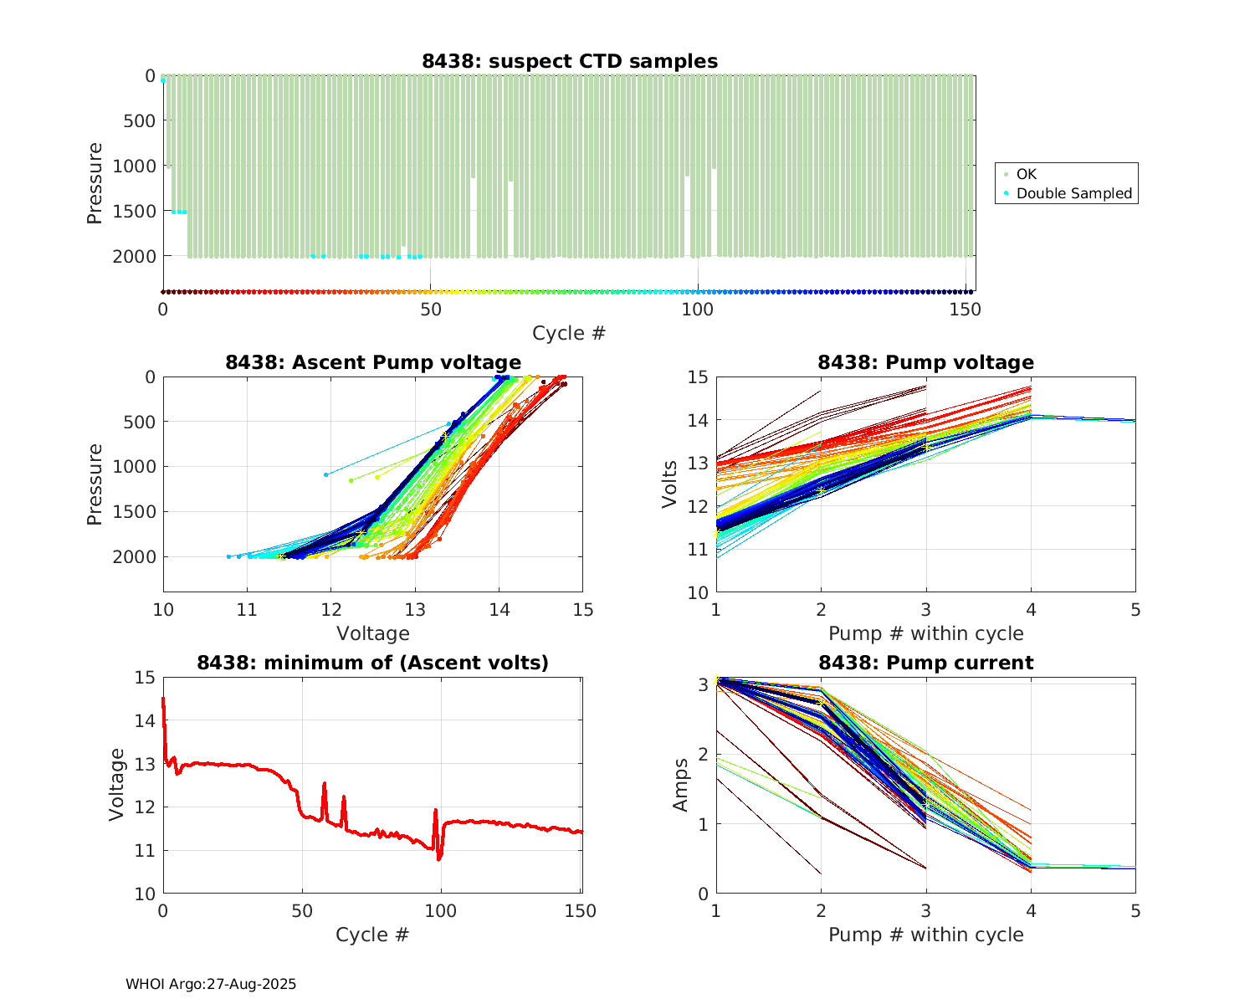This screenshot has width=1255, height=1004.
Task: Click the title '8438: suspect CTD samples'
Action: click(x=569, y=61)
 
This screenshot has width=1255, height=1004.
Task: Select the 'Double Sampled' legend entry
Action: click(x=1073, y=193)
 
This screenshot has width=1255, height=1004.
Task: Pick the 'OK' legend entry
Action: click(x=1026, y=174)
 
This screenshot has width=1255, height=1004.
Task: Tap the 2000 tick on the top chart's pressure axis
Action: click(x=134, y=256)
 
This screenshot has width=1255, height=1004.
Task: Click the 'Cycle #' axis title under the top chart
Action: click(x=569, y=333)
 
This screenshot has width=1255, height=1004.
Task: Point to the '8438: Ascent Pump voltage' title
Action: click(x=372, y=362)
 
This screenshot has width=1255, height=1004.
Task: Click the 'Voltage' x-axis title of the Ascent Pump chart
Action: click(x=372, y=633)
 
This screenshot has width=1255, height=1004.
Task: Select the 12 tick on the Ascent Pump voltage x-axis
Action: click(x=330, y=609)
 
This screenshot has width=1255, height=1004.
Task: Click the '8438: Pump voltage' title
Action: click(x=925, y=362)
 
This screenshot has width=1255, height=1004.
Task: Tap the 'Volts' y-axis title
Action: click(x=669, y=484)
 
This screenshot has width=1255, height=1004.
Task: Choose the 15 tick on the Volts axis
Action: click(x=697, y=377)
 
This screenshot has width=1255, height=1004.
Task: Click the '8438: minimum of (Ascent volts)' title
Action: click(x=372, y=663)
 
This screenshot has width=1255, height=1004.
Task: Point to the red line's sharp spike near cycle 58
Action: click(x=324, y=784)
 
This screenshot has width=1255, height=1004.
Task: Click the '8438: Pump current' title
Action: click(x=925, y=663)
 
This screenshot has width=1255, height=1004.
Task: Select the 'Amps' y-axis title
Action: click(x=681, y=784)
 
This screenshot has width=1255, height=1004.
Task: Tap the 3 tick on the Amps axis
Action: click(x=703, y=684)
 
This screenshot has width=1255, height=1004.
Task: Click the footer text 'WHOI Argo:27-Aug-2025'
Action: click(x=211, y=984)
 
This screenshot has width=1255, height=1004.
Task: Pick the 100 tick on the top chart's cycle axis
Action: click(x=698, y=309)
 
